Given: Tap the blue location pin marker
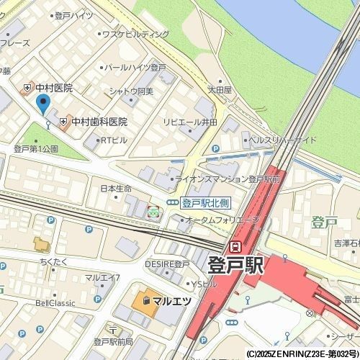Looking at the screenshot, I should [42, 105].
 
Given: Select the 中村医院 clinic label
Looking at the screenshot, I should [53, 88].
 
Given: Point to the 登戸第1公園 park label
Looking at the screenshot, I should [36, 149].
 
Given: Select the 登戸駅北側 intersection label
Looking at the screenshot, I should [204, 203].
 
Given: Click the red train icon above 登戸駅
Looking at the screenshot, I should [235, 246].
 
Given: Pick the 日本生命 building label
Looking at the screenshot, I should [116, 189].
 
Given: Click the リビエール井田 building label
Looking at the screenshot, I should [190, 123].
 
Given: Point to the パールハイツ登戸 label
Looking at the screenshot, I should [135, 67].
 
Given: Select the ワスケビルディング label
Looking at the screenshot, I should [135, 34].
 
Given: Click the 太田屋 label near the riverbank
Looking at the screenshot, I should [220, 90].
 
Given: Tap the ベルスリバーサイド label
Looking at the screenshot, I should [283, 140].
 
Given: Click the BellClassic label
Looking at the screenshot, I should [55, 303].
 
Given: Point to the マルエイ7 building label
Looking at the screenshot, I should [102, 277].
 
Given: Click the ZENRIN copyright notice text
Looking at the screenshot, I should [302, 354].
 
